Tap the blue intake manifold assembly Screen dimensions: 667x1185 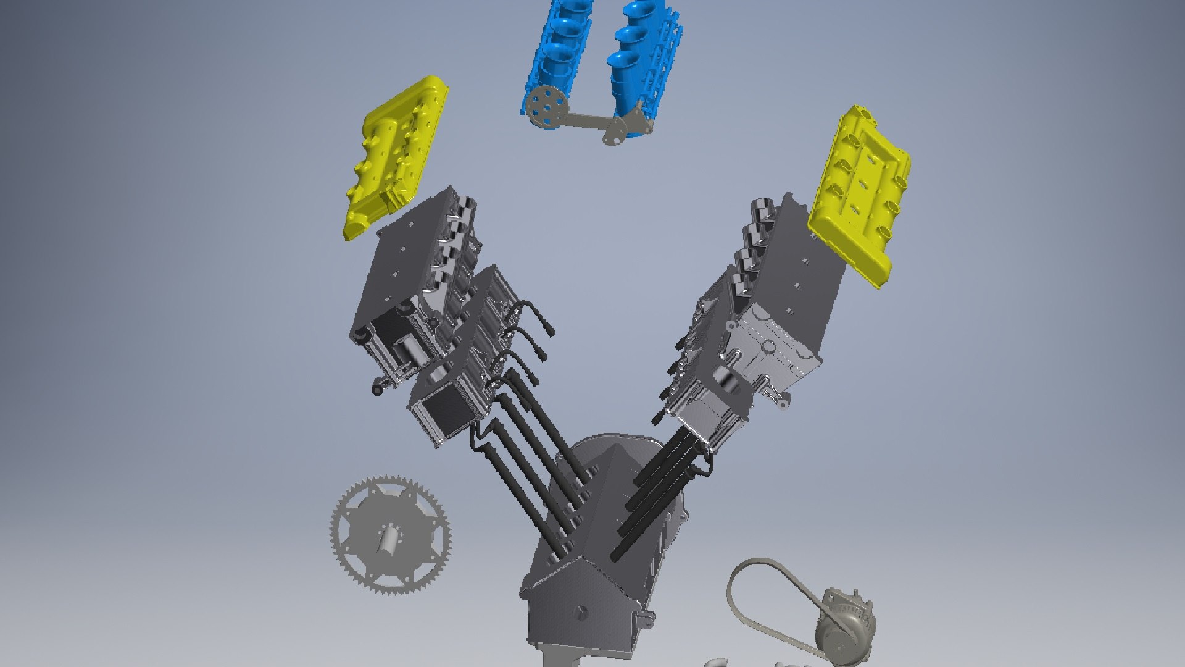coord(592,62)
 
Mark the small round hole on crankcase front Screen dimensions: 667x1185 coord(580,612)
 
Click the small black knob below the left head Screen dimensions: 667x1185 coord(376,389)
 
